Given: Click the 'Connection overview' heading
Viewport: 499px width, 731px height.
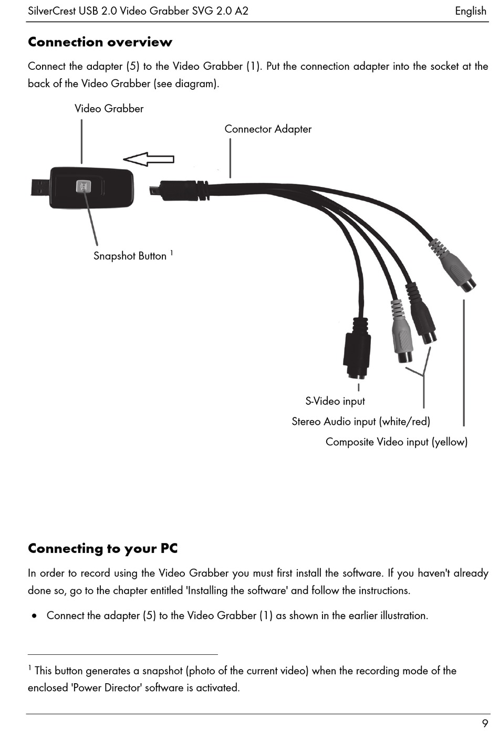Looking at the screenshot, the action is coord(100,42).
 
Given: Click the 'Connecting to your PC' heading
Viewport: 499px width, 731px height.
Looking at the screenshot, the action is coord(103,549).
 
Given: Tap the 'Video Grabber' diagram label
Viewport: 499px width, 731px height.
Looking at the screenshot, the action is coord(109,108).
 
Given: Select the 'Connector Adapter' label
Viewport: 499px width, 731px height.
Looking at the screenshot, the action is coord(268,129).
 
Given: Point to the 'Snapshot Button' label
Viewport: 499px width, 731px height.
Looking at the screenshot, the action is coord(130,256).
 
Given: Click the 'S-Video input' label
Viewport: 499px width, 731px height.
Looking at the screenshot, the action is coord(335,401).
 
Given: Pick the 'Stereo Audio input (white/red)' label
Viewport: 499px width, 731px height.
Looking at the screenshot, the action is coord(361,422).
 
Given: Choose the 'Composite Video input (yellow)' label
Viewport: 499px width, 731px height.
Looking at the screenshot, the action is coord(397,442).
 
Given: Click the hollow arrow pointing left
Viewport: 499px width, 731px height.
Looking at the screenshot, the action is coord(149,159).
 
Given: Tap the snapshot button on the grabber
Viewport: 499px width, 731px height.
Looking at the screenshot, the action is coord(84,186).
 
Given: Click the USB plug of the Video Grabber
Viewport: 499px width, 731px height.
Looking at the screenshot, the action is coord(40,187).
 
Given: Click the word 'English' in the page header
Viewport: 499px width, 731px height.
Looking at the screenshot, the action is coord(471,11).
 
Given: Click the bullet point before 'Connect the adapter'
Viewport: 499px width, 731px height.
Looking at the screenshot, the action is coord(34,616).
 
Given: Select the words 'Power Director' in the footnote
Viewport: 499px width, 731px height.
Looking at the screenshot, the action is coord(107,687).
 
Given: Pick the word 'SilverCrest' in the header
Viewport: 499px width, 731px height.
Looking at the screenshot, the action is coord(52,11).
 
